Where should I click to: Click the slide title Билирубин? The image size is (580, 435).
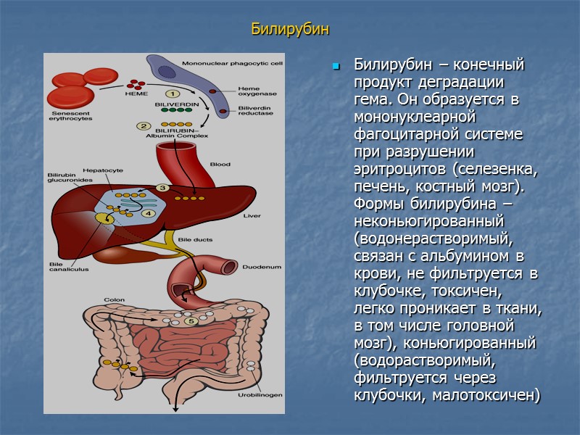tap(290, 30)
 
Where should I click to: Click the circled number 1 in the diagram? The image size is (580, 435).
tap(173, 94)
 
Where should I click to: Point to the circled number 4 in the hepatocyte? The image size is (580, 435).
tap(148, 213)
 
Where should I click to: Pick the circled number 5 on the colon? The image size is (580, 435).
tap(191, 320)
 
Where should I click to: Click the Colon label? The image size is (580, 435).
tap(114, 299)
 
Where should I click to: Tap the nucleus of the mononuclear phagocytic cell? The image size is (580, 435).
tap(168, 72)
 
